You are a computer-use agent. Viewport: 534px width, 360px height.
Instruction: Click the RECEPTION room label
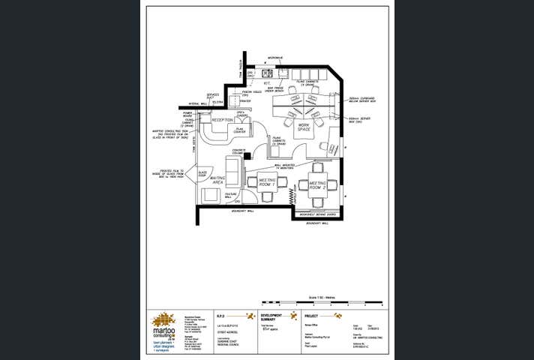(223, 120)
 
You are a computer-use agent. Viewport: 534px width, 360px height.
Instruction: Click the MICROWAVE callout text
(276, 58)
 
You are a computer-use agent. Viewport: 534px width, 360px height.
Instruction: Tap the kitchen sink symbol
(266, 73)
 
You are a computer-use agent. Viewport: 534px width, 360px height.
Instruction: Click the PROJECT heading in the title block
(312, 316)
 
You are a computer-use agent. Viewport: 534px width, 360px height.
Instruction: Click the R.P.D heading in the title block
(220, 316)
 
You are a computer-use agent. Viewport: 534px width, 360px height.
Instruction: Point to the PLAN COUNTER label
(240, 130)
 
